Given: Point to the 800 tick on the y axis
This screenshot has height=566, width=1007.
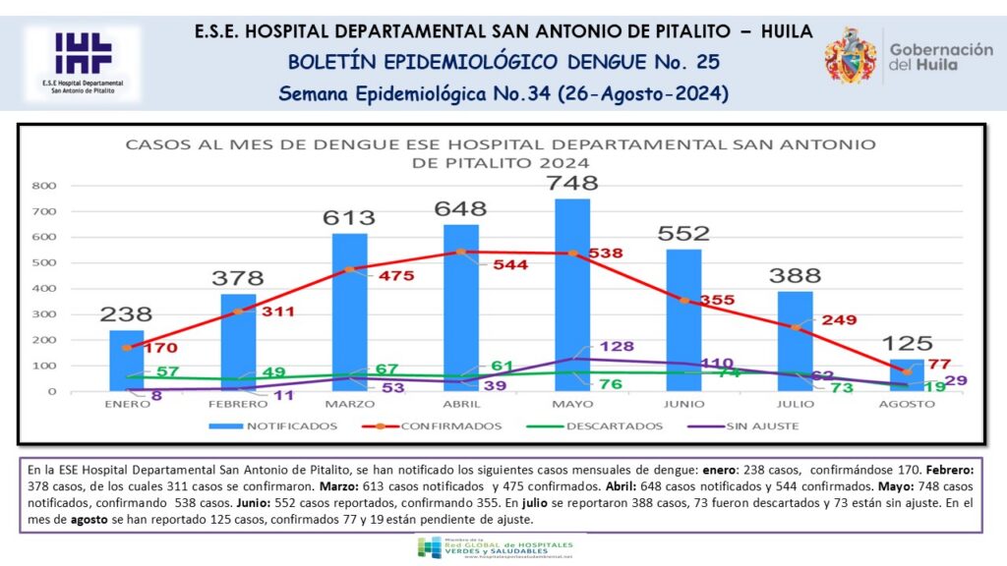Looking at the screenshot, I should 44,186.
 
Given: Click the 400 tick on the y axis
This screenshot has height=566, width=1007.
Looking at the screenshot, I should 44,289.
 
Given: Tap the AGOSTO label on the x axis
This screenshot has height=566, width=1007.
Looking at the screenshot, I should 906,404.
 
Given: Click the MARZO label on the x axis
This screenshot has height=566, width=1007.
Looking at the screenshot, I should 349,404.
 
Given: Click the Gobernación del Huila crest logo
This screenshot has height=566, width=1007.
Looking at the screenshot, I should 851,55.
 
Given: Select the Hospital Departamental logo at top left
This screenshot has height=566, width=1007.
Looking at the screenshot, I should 83,64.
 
